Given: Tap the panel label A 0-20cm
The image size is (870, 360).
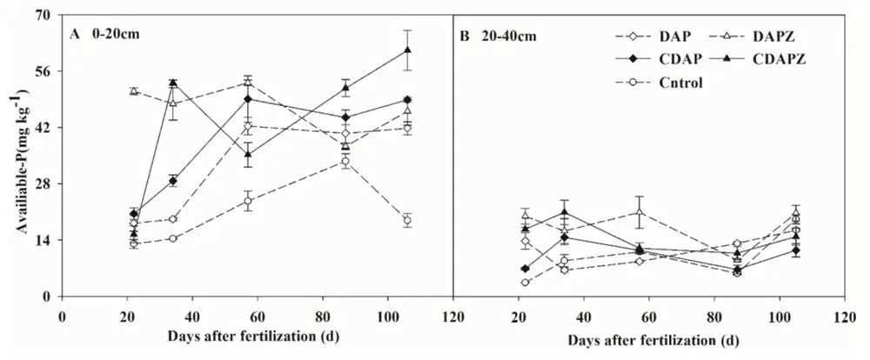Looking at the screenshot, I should pos(104,34).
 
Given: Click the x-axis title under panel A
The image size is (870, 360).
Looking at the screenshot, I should pos(256,336).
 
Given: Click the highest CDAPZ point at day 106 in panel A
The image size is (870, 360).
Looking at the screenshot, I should pos(406,50).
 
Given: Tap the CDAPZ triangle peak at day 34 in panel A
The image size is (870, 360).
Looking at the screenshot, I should pos(173,83).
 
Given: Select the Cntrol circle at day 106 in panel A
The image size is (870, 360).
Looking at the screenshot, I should pos(406,220).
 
